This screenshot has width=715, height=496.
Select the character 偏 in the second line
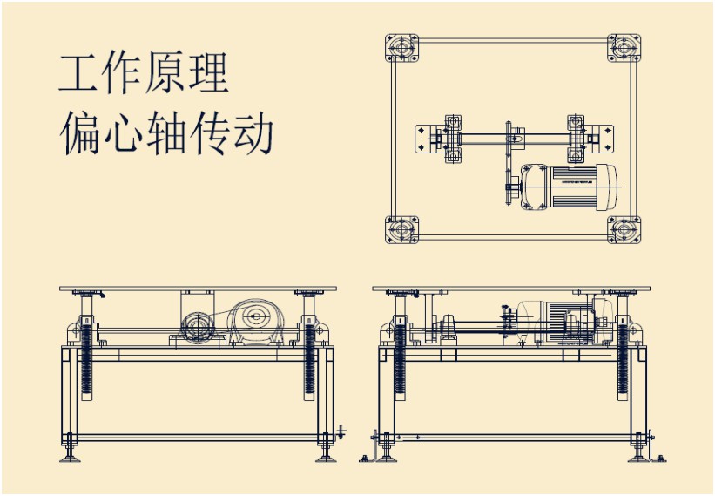point(80,133)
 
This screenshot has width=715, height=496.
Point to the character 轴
point(165,133)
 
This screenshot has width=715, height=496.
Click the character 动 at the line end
point(253,133)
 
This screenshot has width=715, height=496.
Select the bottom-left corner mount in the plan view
point(401,230)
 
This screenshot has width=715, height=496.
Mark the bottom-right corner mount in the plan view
point(624,230)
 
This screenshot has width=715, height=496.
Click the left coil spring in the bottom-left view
point(86,362)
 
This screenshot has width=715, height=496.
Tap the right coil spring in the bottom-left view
point(309,362)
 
